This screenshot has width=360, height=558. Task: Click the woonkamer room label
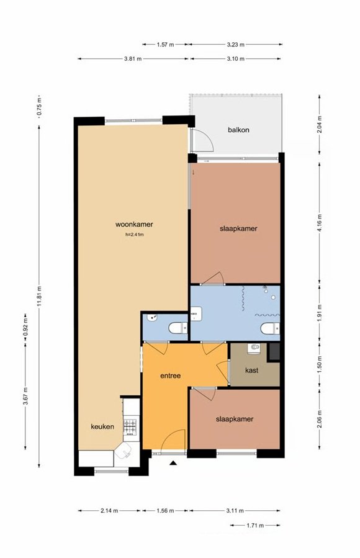[134, 224]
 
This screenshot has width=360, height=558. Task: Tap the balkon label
[238, 130]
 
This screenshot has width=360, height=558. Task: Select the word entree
[171, 376]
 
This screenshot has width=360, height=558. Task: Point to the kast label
[252, 370]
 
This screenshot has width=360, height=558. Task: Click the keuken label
[102, 426]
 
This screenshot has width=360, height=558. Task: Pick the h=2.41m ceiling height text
[135, 235]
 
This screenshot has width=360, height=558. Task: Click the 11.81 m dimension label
[40, 296]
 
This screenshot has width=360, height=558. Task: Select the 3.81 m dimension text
[133, 59]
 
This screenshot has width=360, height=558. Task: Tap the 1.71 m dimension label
[255, 525]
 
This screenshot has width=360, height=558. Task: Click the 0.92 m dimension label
[25, 327]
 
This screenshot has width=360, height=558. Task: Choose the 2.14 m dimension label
[109, 511]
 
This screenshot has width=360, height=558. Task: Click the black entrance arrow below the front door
[173, 462]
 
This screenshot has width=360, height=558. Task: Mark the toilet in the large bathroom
[270, 328]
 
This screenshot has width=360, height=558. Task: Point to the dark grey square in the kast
[274, 351]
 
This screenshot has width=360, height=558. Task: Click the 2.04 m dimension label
[319, 125]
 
